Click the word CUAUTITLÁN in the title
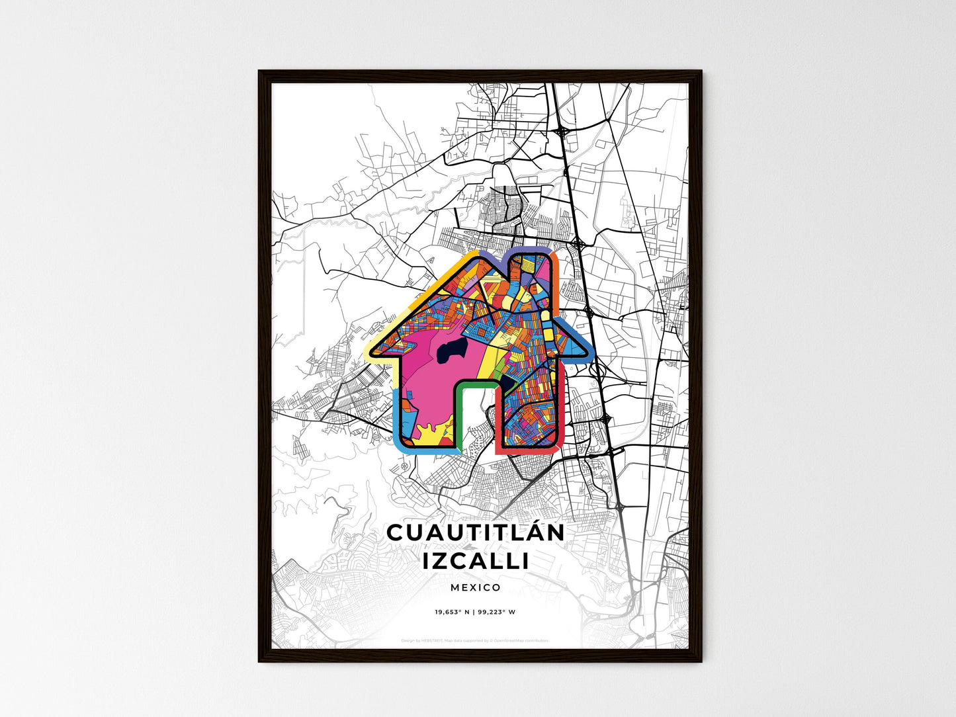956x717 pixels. pyautogui.click(x=476, y=532)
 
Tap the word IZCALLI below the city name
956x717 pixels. pyautogui.click(x=476, y=561)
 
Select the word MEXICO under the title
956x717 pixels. pyautogui.click(x=476, y=587)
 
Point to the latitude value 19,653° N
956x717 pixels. pyautogui.click(x=452, y=612)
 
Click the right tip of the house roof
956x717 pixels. pyautogui.click(x=583, y=351)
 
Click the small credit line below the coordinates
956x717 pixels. pyautogui.click(x=476, y=640)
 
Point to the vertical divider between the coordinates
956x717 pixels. pyautogui.click(x=474, y=612)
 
